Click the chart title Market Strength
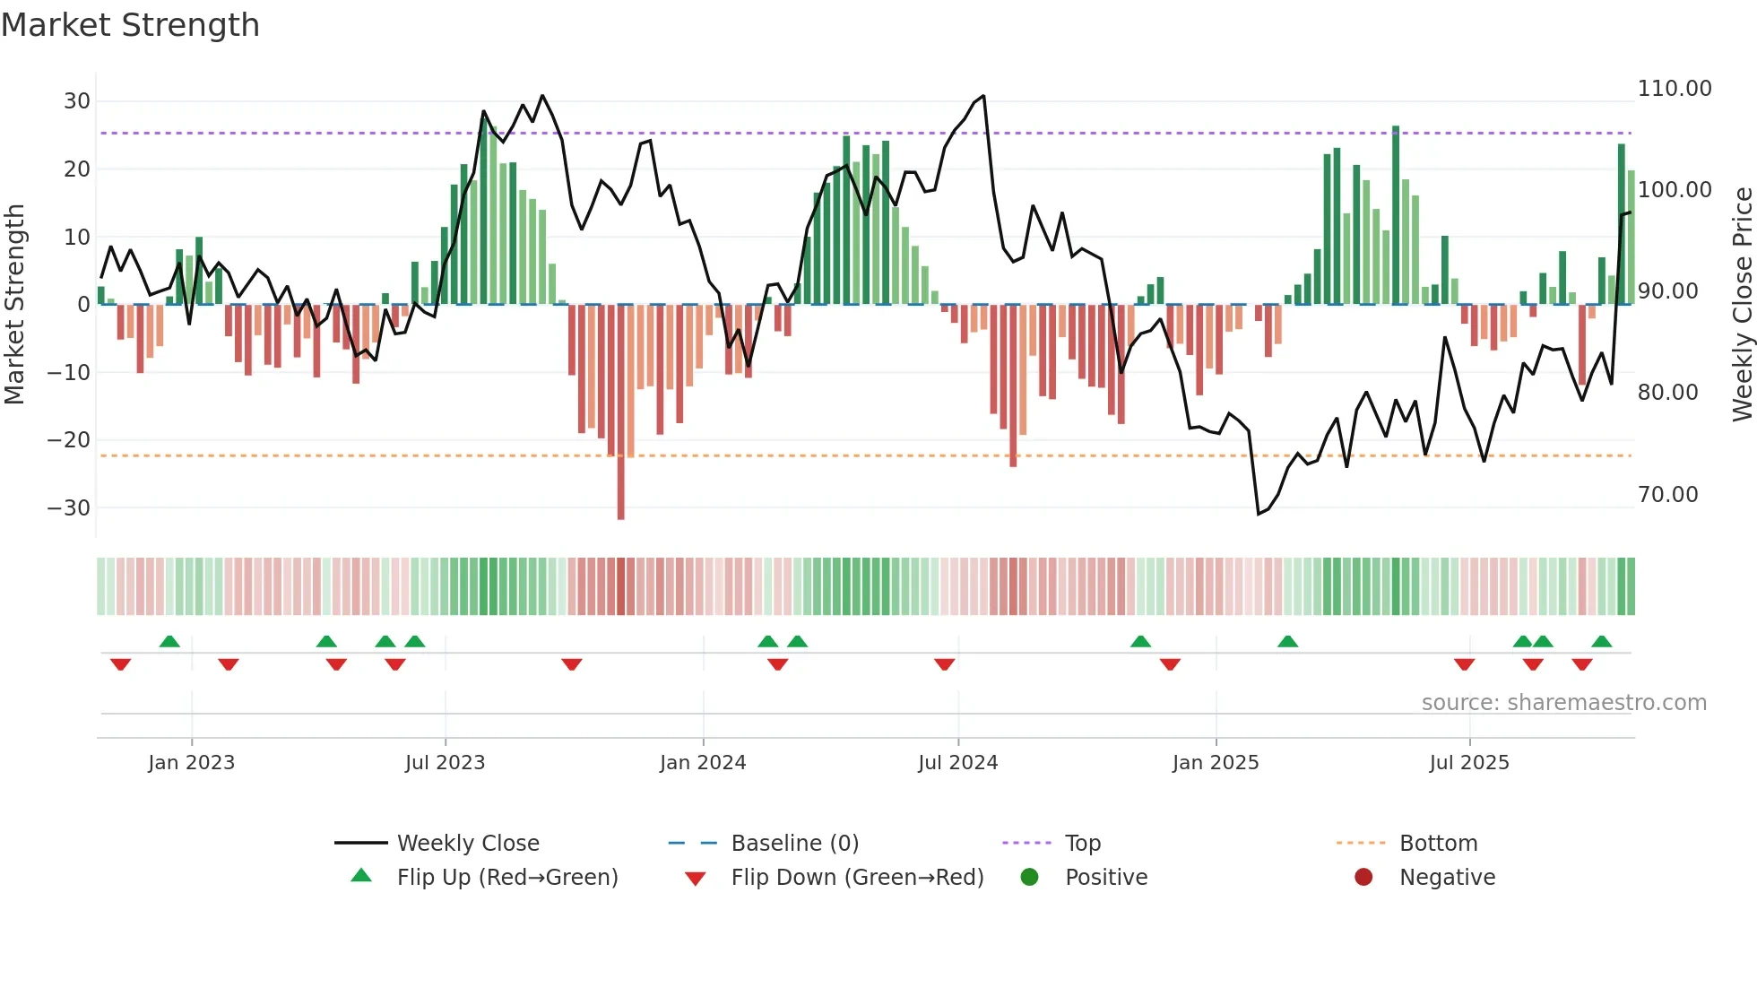tap(130, 25)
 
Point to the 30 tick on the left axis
tap(77, 101)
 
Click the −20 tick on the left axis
tap(69, 440)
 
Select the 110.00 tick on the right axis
tap(1674, 89)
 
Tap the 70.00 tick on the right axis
tap(1667, 495)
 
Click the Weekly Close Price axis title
tap(1742, 304)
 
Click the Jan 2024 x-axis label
tap(703, 763)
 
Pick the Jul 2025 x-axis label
tap(1469, 763)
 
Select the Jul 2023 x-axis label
tap(445, 763)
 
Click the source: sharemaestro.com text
tap(1563, 703)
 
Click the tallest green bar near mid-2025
tap(1396, 215)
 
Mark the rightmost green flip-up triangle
tap(1602, 641)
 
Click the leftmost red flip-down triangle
tap(120, 664)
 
